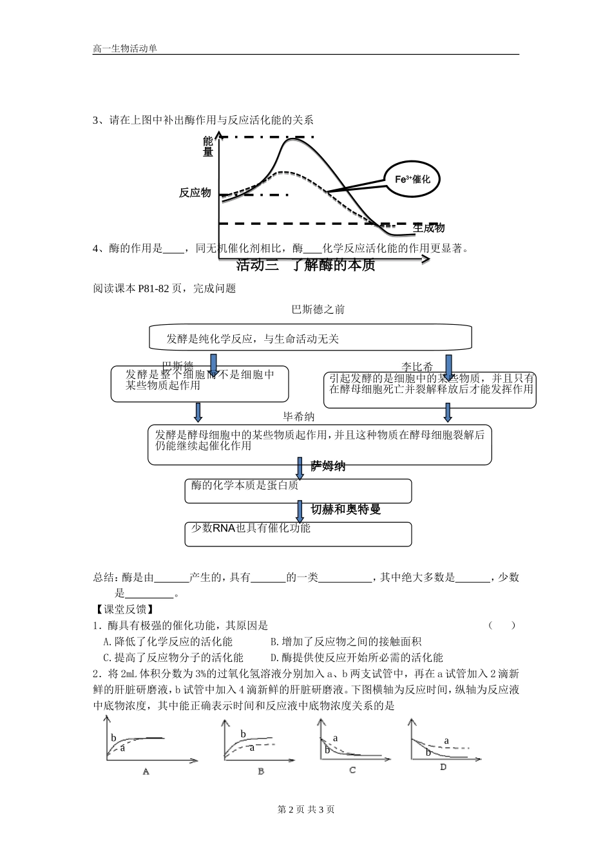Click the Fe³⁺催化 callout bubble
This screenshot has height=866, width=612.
coord(412,179)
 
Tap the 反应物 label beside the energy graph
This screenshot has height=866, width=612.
coord(195,192)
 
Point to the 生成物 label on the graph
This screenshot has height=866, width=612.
coord(429,228)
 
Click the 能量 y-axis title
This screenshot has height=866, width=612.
coord(208,146)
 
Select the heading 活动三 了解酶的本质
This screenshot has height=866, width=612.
coord(305,265)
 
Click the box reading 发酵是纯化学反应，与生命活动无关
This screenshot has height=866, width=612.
coord(311,338)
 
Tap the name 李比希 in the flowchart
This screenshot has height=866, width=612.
coord(417,367)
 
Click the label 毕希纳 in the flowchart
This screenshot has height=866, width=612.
coord(299,417)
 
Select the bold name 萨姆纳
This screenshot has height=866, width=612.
coord(329,466)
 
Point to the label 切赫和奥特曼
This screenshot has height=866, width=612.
coord(346,509)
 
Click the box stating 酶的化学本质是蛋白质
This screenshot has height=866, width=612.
coord(298,490)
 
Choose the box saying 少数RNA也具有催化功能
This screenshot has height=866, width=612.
coord(298,534)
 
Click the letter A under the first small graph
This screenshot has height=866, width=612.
coord(146,771)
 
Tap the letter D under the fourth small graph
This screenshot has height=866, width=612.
coord(443,767)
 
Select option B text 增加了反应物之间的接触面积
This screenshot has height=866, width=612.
coord(345,641)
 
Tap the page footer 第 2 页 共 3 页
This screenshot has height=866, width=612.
coord(305,810)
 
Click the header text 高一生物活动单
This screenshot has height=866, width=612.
coord(125,48)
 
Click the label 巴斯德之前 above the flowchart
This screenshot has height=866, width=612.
coord(318,309)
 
